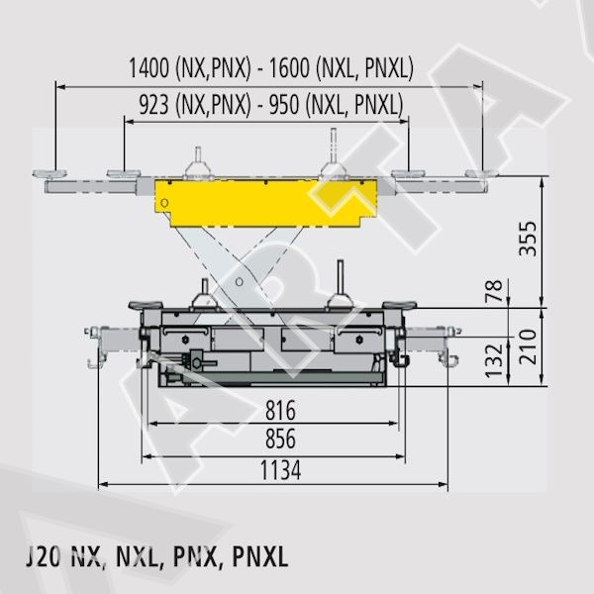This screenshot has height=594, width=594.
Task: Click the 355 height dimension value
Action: (528, 239)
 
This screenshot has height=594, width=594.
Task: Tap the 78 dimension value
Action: (494, 290)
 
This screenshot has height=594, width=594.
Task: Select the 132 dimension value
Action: (494, 360)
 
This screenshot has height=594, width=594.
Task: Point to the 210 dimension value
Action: (528, 346)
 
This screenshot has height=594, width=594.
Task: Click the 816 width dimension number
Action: (280, 410)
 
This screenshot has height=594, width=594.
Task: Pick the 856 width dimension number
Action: (280, 439)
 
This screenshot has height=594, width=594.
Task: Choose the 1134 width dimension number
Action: (281, 470)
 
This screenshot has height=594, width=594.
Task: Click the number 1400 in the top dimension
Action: (149, 67)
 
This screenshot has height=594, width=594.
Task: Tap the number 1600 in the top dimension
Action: (289, 67)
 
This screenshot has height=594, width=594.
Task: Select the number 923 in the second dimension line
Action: (153, 105)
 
